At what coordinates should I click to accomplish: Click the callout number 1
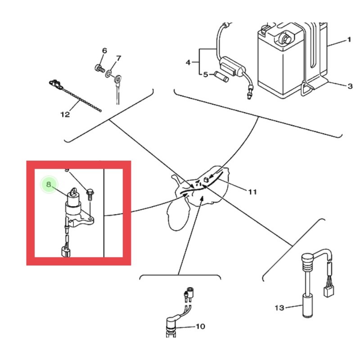348,40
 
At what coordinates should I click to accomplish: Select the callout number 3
350,86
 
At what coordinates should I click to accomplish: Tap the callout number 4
188,62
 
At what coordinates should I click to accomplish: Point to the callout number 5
205,74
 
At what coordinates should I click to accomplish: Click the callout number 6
104,50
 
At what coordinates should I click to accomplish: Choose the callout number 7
118,58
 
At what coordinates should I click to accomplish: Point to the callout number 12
65,114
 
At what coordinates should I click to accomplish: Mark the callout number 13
279,308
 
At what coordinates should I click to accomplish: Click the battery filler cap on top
284,37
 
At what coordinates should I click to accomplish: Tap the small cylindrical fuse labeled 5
222,76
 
